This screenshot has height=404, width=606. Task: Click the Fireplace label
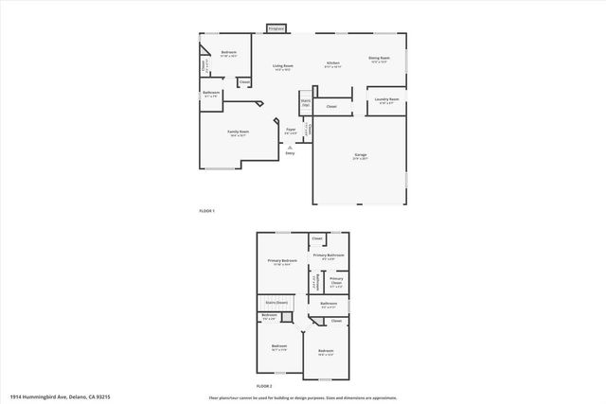(276, 29)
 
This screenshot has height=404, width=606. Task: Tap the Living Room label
(282, 66)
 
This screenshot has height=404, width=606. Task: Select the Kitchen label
(333, 63)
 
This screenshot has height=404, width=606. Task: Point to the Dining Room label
(380, 59)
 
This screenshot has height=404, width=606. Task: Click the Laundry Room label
(386, 99)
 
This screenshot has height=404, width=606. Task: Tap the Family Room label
(238, 132)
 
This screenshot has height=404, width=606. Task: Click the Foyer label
(291, 130)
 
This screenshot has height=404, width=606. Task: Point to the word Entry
(303, 152)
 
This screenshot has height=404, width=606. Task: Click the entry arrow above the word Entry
(303, 146)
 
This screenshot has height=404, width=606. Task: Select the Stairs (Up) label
(306, 101)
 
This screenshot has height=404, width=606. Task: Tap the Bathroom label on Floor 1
(212, 93)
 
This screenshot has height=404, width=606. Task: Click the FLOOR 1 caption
(207, 210)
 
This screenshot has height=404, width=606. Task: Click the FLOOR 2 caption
(264, 387)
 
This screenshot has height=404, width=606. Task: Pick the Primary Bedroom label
(282, 260)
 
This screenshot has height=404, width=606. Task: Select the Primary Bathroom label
(329, 255)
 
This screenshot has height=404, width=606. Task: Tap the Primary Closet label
(335, 281)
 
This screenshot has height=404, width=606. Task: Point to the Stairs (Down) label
(276, 303)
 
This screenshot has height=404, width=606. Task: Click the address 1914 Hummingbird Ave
(49, 395)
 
